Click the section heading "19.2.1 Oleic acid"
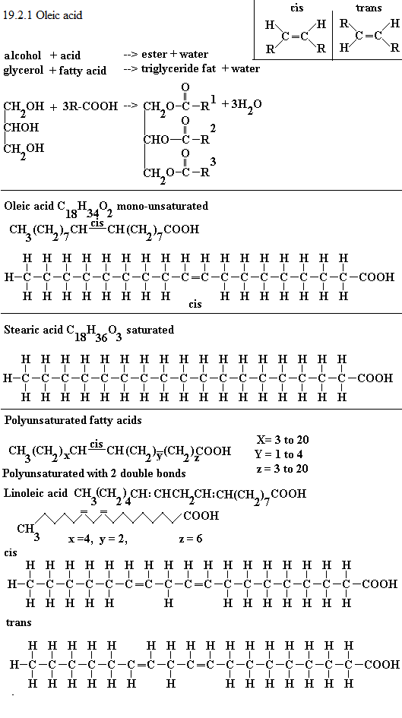pos(43,15)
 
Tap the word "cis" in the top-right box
pos(296,8)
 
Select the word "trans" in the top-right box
pos(369,8)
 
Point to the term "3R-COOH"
pos(90,106)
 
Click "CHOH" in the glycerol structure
pos(21,128)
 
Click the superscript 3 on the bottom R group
pos(213,161)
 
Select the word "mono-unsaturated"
pos(162,206)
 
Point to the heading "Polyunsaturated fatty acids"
pos(73,420)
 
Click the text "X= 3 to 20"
pos(283,440)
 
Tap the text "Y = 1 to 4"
pos(280,454)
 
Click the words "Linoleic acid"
pos(36,494)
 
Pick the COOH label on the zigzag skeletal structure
pos(201,516)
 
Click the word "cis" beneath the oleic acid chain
pos(195,304)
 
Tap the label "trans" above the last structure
pos(19,622)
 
